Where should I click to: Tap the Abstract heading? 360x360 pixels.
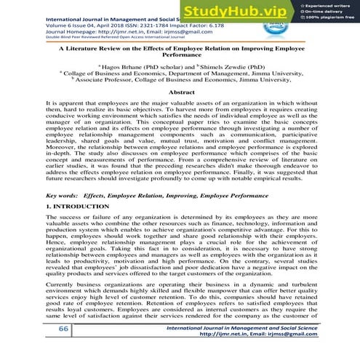coord(180,92)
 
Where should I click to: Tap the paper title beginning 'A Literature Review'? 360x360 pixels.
coord(180,49)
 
